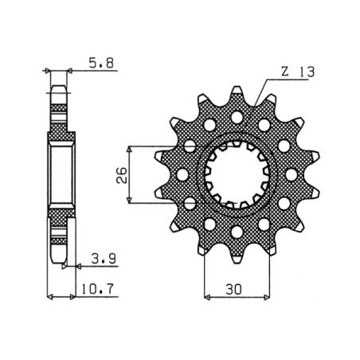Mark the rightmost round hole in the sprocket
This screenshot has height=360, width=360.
pos(291,174)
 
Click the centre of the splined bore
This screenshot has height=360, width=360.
pos(236,174)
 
